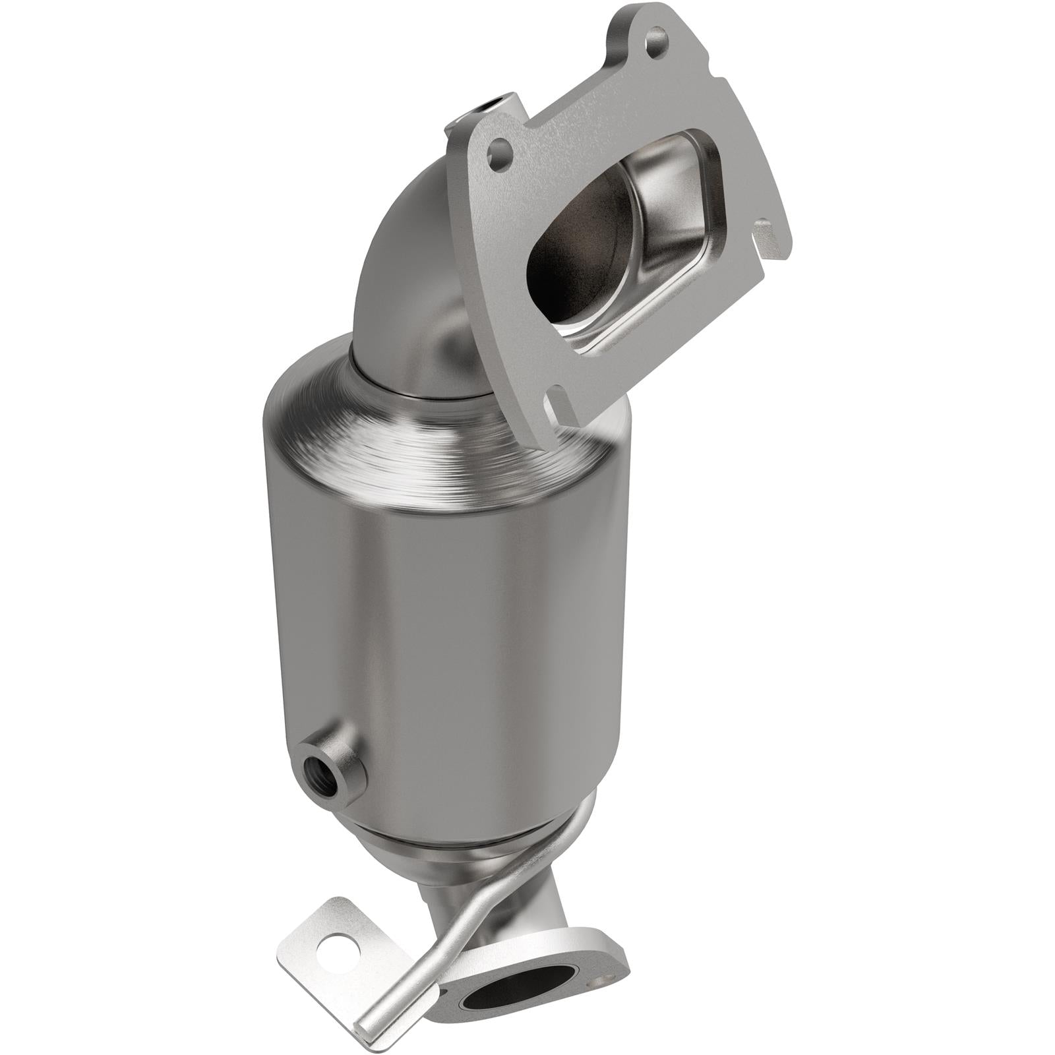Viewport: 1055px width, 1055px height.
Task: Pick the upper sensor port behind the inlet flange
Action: [490, 104]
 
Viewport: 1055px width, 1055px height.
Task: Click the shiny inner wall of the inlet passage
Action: [666, 251]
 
